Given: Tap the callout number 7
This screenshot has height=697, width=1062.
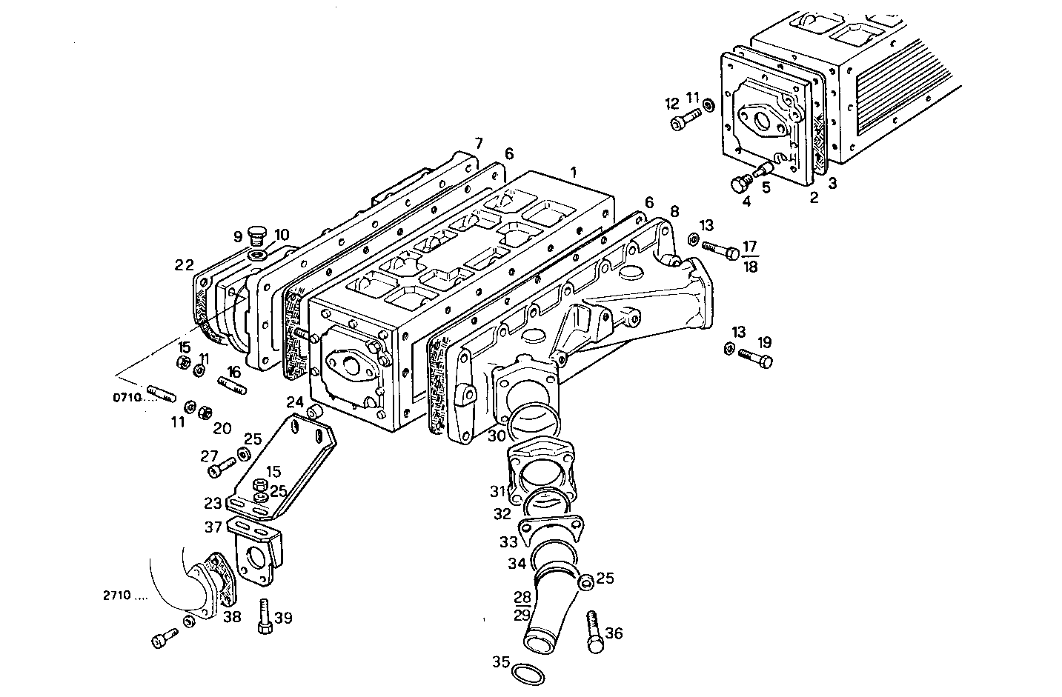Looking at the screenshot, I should [479, 142].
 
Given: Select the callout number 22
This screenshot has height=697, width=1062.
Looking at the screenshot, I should [184, 264].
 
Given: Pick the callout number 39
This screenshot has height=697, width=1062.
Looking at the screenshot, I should [283, 618].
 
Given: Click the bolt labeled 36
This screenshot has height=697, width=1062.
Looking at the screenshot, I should [594, 631].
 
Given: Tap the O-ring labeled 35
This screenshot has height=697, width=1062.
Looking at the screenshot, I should [529, 674].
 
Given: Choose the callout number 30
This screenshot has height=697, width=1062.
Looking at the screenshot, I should [497, 436].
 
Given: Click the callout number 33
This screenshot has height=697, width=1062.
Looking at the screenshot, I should [508, 541].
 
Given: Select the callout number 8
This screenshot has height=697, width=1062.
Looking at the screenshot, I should [674, 210].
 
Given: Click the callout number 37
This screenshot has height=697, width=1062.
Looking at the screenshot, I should [213, 527].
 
